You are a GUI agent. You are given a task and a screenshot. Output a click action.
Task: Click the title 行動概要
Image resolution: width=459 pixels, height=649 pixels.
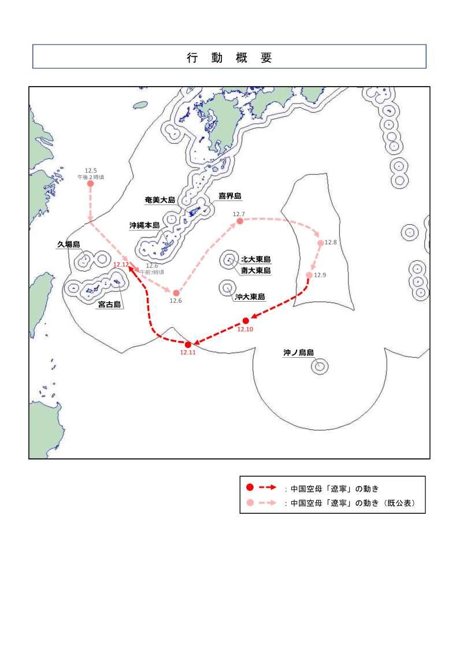[229, 57]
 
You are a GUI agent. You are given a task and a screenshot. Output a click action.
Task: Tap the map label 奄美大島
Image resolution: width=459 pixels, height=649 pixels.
[160, 200]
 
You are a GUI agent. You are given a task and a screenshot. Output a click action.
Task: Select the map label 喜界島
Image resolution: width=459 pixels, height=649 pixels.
[229, 196]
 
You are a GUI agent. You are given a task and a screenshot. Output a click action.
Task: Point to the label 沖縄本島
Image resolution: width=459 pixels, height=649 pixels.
[145, 225]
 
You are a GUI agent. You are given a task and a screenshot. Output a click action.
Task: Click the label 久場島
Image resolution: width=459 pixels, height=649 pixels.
[68, 244]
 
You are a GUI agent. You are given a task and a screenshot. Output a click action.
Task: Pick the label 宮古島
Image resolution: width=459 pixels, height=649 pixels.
[109, 305]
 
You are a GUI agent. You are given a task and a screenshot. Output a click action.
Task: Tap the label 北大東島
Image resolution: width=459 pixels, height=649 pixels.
[256, 260]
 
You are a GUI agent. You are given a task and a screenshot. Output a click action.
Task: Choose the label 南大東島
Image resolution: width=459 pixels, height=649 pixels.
[256, 270]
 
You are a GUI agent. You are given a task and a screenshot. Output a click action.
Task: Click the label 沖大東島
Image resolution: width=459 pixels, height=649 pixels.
[250, 297]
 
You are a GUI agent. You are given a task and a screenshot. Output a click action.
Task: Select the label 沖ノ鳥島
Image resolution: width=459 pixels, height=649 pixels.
[298, 352]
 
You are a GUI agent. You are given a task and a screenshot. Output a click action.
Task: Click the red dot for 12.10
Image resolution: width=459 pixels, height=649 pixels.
[246, 321]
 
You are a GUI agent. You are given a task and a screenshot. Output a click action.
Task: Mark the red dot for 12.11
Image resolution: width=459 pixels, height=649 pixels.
[188, 345]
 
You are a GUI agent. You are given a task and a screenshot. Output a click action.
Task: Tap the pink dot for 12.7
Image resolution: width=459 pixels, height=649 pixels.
[239, 221]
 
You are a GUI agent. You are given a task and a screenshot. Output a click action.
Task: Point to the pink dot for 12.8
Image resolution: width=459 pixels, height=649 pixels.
[321, 243]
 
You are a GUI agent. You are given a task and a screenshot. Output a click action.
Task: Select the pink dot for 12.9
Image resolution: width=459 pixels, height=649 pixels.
[309, 275]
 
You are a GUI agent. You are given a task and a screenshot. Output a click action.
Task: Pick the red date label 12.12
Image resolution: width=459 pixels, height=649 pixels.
[121, 264]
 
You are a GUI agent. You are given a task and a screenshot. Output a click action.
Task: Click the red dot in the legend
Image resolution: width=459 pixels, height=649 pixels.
[250, 488]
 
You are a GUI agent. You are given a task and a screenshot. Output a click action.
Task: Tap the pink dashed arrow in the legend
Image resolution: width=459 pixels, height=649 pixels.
[266, 503]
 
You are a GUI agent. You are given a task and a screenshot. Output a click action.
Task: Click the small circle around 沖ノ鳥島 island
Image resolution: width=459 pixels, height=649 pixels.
[319, 366]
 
